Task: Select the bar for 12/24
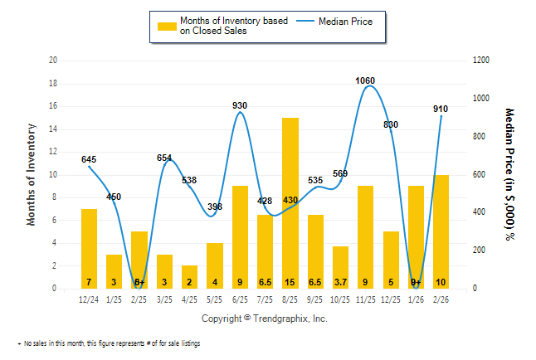(89, 248)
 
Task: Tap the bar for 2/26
(441, 231)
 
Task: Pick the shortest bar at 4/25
(189, 277)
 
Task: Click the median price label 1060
(365, 80)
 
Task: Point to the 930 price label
(240, 105)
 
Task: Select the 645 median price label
(89, 159)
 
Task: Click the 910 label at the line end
(441, 109)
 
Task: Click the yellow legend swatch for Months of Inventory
(167, 26)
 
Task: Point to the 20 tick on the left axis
(53, 61)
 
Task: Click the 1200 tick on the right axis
(481, 61)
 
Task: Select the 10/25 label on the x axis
(340, 299)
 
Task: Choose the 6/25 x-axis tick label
(240, 299)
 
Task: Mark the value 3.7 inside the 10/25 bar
(340, 282)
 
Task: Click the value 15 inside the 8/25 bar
(290, 282)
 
